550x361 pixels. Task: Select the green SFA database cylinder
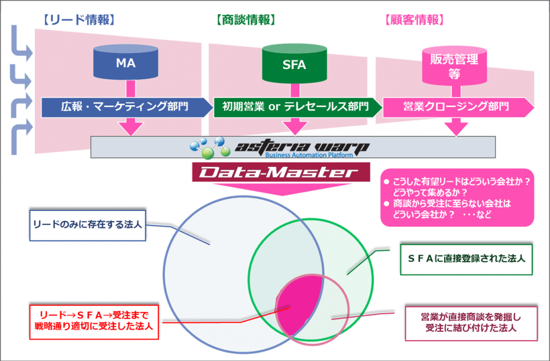[x=294, y=63]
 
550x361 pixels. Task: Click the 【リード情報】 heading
[x=78, y=19]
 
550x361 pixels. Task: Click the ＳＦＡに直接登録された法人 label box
[x=467, y=259]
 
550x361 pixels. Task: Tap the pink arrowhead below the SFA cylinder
[x=294, y=126]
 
